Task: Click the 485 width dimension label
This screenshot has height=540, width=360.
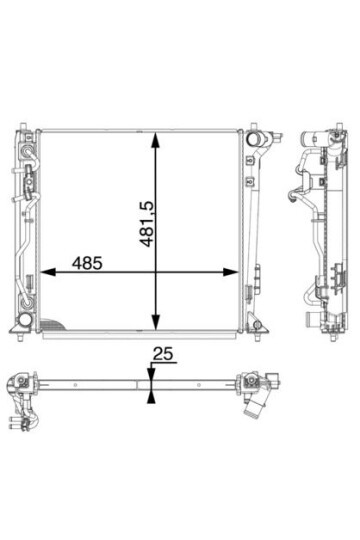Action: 87,263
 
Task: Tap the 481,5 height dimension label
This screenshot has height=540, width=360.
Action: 147,224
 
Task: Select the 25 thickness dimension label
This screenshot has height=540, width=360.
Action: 163,354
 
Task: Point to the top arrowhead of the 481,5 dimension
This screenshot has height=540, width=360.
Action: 156,141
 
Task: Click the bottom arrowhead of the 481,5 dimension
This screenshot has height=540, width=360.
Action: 156,322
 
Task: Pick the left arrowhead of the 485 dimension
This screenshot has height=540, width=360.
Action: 49,272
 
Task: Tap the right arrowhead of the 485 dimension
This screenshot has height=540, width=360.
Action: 230,272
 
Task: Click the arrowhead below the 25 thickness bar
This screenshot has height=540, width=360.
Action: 151,397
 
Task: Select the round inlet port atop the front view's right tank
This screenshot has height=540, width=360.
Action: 254,139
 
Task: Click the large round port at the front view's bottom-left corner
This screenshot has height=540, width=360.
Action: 25,319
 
